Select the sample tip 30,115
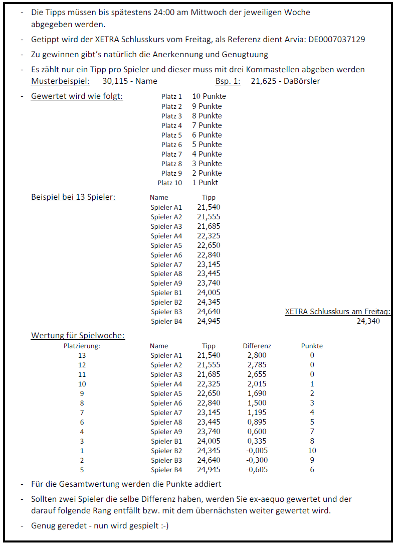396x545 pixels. click(113, 81)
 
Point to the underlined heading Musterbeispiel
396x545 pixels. click(61, 81)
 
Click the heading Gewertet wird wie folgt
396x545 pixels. click(77, 96)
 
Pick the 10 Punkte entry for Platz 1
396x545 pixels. click(209, 96)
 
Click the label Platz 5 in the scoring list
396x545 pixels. click(171, 135)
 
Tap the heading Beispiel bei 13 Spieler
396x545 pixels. click(73, 197)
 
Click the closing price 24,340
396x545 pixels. click(368, 321)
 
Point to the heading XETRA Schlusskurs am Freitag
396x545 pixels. click(337, 312)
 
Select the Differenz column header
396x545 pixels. click(257, 346)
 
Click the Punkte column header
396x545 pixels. click(312, 346)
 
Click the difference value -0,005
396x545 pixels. click(257, 451)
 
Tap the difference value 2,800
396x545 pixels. click(257, 355)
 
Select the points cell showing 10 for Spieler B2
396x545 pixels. click(312, 451)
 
